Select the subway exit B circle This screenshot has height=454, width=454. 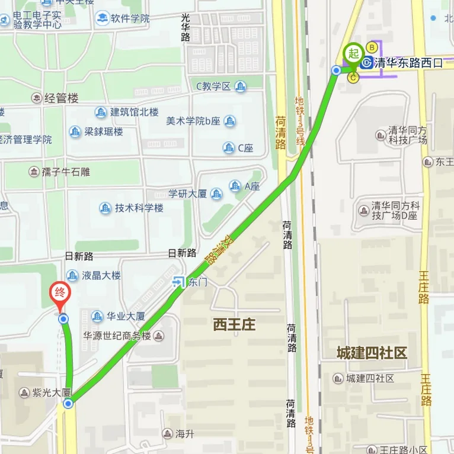[372, 47]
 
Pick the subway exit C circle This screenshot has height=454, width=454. [354, 78]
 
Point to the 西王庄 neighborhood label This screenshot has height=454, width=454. [234, 324]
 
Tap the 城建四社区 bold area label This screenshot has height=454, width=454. [372, 353]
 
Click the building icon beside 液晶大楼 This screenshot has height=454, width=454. [72, 275]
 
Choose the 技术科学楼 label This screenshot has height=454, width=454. [139, 208]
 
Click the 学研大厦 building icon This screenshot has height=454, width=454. [216, 194]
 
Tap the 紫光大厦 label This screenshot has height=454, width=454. [52, 392]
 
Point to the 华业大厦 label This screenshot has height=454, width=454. [126, 316]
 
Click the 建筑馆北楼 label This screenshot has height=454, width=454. [135, 112]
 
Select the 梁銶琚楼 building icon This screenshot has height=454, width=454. [75, 131]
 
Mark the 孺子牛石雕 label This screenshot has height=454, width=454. [66, 172]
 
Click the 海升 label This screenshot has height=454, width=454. [185, 434]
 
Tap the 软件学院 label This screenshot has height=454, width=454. [130, 18]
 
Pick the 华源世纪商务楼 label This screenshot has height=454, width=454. [117, 336]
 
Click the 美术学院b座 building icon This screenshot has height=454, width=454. [229, 121]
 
